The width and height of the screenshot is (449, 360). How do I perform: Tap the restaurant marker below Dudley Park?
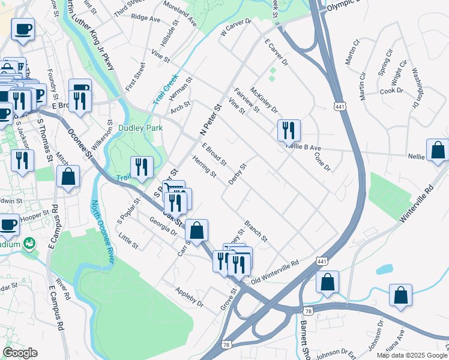[142, 167]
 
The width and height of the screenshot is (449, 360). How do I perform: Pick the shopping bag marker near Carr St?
[196, 230]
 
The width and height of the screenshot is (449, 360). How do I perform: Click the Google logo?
[20, 353]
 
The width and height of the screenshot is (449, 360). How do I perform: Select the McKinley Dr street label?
[264, 100]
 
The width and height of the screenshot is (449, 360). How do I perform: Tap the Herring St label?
[205, 166]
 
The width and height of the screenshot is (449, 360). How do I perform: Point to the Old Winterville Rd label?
[275, 271]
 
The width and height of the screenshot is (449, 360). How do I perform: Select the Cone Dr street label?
[323, 161]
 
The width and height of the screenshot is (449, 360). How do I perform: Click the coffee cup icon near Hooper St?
[8, 225]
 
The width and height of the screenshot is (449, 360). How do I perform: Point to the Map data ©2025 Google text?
[412, 355]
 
